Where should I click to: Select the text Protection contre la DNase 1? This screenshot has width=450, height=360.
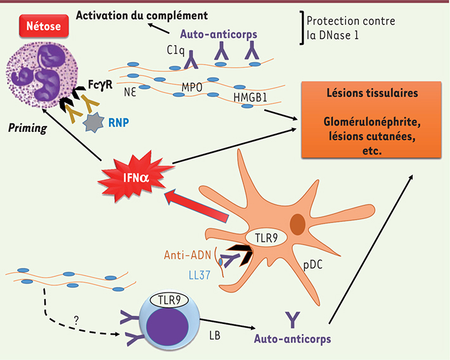coord(351,29)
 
